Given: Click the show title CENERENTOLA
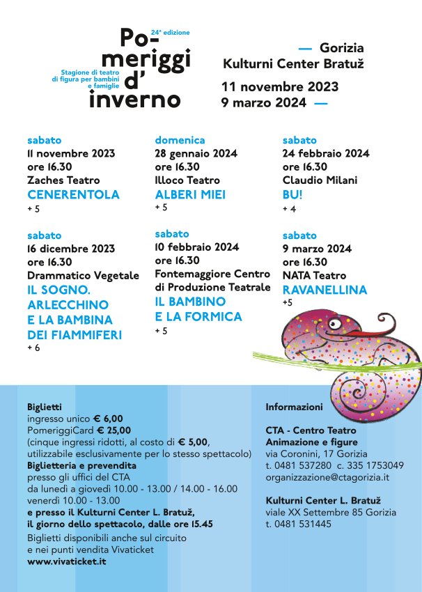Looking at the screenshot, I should pos(73,194).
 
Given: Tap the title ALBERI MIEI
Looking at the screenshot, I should pos(189,194).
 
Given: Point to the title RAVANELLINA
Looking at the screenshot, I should pos(325,290).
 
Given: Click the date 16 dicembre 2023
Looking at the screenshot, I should pos(71,249).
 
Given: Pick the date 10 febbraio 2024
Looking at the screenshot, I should pos(197,247).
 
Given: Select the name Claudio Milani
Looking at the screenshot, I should pos(320,180).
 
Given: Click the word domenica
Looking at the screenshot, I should pos(180,140).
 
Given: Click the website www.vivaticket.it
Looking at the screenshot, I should pos(67,561).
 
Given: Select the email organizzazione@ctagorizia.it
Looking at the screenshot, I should pos(327,477).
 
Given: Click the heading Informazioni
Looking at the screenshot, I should pos(294,407).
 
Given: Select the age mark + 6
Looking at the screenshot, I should pos(33,348).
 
